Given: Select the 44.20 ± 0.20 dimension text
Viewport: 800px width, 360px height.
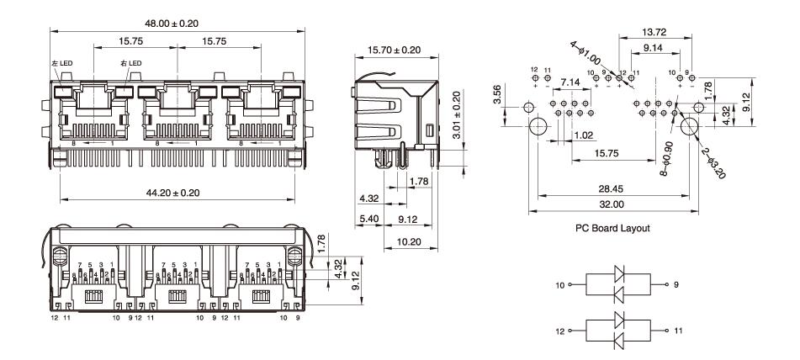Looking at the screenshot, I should pyautogui.click(x=177, y=193).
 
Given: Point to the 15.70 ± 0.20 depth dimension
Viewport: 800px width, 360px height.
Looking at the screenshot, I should pyautogui.click(x=395, y=50).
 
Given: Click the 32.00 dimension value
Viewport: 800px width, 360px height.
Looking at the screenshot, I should pyautogui.click(x=612, y=204).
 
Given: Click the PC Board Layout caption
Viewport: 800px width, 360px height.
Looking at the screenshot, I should pyautogui.click(x=611, y=228).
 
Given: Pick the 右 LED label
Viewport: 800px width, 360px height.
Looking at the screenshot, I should pyautogui.click(x=130, y=63).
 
